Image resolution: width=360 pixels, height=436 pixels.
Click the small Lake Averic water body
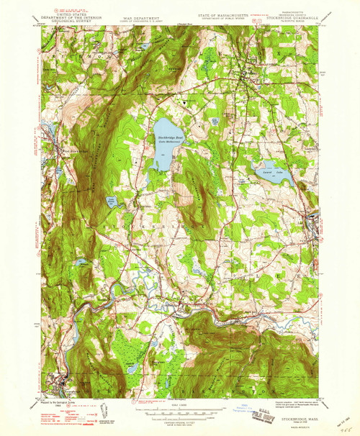pos(111,203)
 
